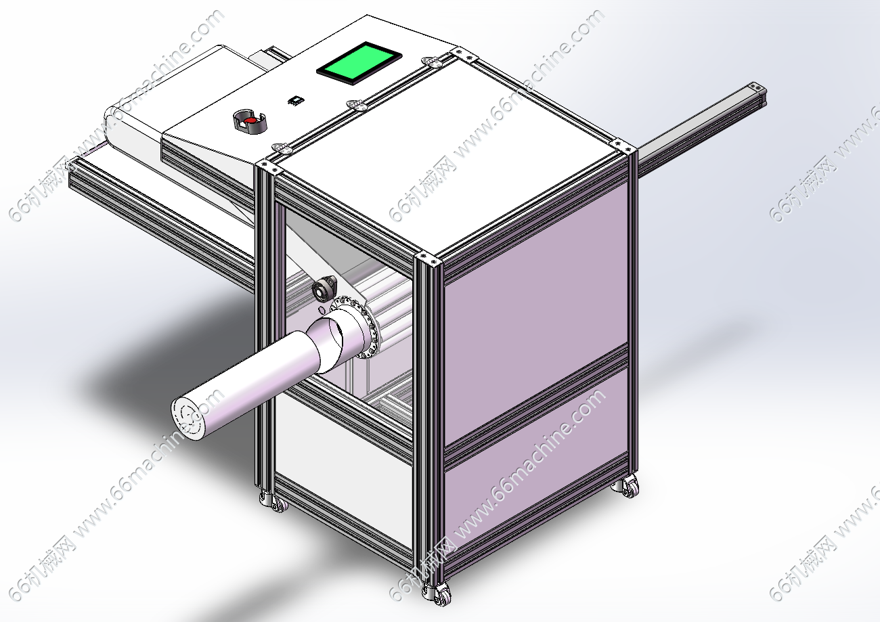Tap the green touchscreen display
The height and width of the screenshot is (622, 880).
359,63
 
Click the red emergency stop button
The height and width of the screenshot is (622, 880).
248,121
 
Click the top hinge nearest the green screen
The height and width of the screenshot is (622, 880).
432,61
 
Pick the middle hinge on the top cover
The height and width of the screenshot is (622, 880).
356,104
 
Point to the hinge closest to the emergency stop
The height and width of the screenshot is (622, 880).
282,148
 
